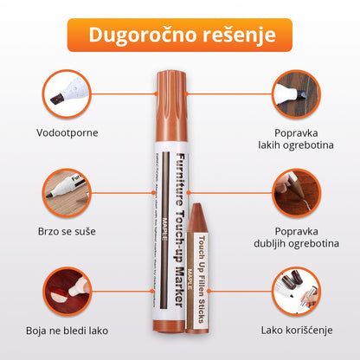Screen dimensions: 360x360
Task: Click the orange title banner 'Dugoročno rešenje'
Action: point(179,35)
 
